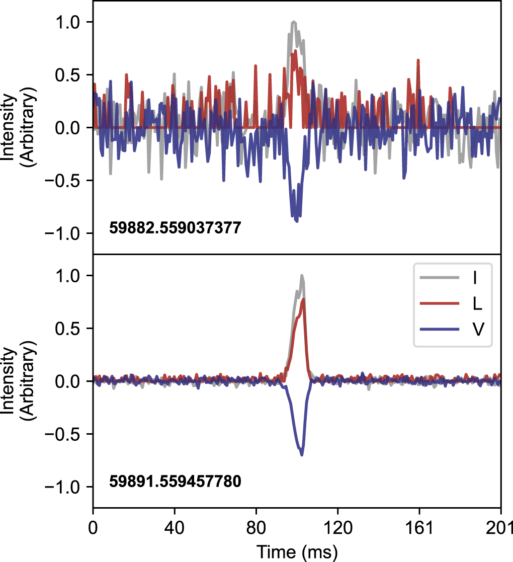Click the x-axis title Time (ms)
point(297,551)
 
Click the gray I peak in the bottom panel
point(302,275)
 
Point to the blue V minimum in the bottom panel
point(302,455)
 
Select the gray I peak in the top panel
point(294,22)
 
